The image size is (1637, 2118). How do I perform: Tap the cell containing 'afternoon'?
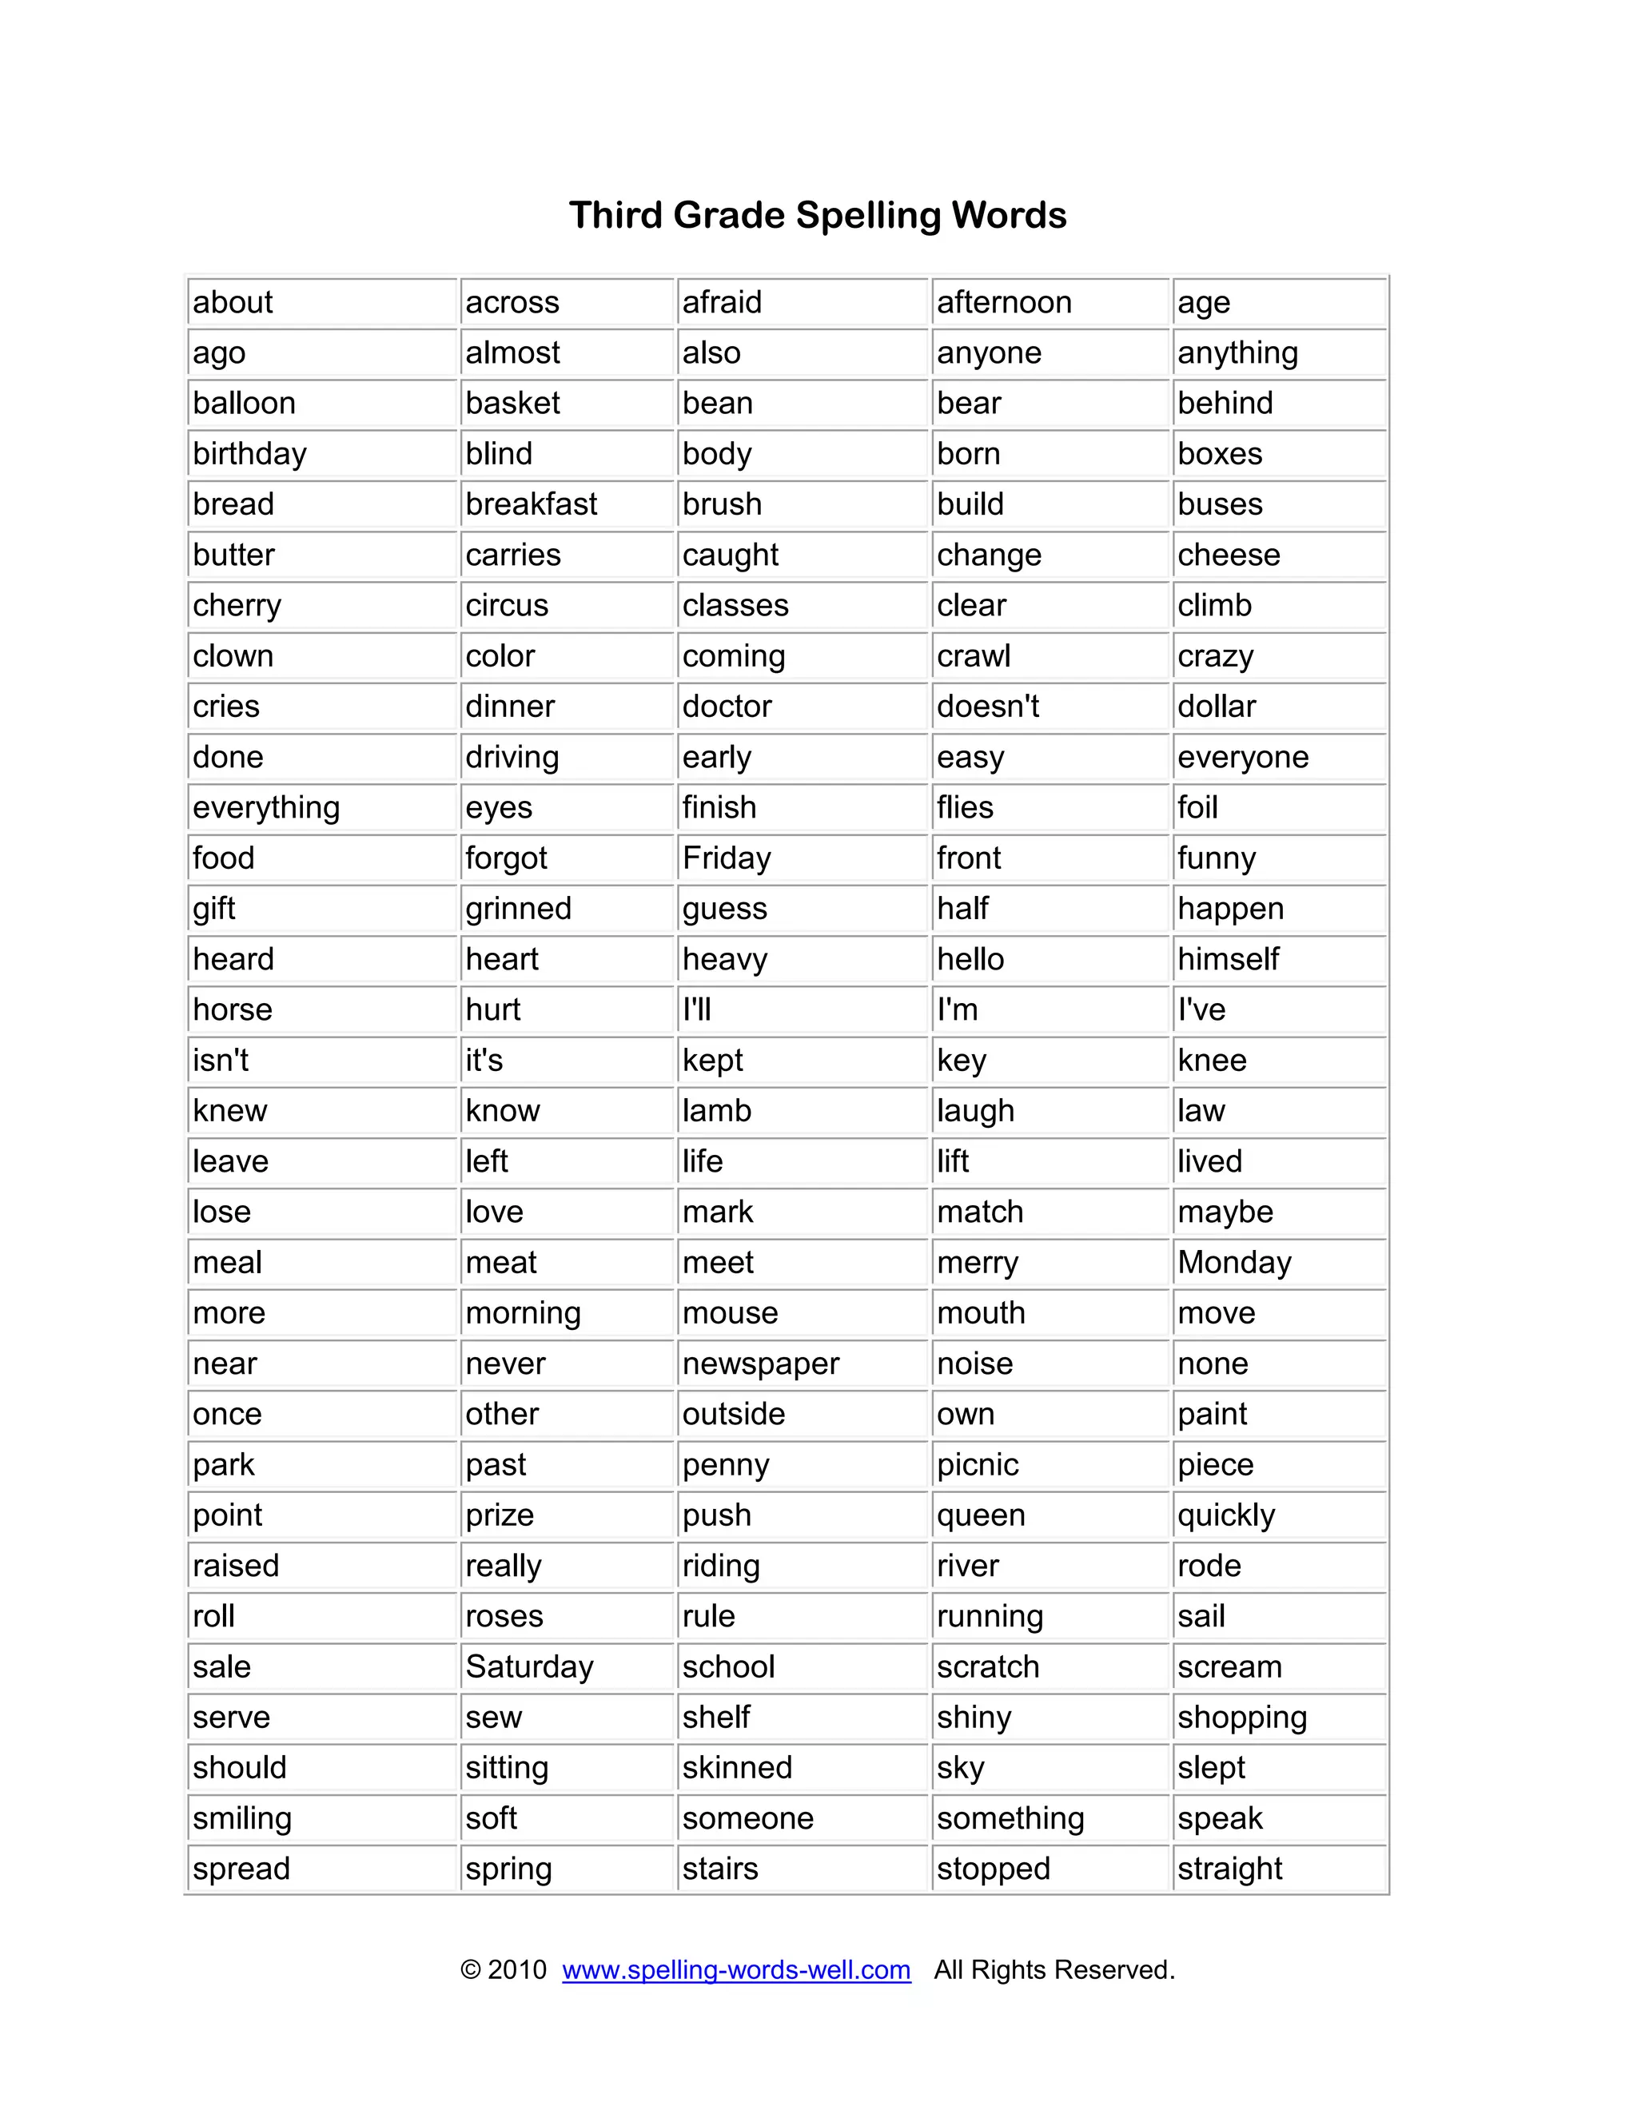point(1004,303)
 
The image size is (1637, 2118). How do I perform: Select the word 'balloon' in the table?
point(245,404)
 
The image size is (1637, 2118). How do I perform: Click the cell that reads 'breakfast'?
point(532,504)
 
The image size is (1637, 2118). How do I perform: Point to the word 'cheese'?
point(1229,555)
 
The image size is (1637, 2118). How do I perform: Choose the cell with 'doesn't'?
point(987,706)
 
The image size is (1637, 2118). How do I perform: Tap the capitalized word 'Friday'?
point(727,858)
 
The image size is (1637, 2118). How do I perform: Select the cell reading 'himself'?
point(1228,959)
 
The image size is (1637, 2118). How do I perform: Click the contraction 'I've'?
point(1201,1009)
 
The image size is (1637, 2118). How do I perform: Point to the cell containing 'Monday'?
point(1234,1263)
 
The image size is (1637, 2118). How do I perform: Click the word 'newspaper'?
point(760,1364)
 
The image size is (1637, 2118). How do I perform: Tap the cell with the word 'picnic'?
point(978,1464)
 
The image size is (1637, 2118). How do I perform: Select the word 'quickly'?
point(1226,1515)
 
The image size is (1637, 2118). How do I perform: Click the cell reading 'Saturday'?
point(528,1666)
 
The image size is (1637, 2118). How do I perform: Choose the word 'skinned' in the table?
point(737,1767)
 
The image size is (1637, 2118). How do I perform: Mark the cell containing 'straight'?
point(1229,1868)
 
